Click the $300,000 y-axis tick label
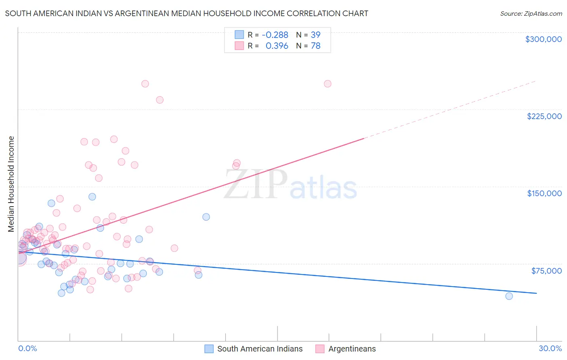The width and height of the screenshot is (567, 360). pyautogui.click(x=543, y=39)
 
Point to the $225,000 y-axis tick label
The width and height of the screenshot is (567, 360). pyautogui.click(x=544, y=116)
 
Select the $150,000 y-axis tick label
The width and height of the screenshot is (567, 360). pyautogui.click(x=544, y=193)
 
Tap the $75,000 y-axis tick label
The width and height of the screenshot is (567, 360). pyautogui.click(x=546, y=271)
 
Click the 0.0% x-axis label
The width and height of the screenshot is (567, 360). pyautogui.click(x=27, y=348)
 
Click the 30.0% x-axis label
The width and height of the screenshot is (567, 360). pyautogui.click(x=550, y=348)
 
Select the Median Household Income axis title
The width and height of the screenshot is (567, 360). pyautogui.click(x=11, y=184)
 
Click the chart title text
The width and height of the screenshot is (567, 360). pyautogui.click(x=186, y=13)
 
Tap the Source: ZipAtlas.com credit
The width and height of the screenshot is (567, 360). pyautogui.click(x=531, y=14)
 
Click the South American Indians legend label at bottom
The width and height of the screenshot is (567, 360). pyautogui.click(x=260, y=349)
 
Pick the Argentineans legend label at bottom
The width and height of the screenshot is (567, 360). pyautogui.click(x=352, y=349)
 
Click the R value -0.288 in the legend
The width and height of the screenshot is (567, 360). pyautogui.click(x=275, y=35)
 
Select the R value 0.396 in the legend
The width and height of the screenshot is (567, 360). pyautogui.click(x=277, y=46)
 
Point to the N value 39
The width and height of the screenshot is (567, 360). pyautogui.click(x=315, y=35)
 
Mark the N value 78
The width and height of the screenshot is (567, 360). pyautogui.click(x=315, y=46)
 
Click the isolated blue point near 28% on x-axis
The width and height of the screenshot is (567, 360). pyautogui.click(x=509, y=296)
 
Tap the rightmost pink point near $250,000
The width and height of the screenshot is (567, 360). pyautogui.click(x=327, y=84)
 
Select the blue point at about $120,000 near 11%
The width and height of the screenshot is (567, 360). pyautogui.click(x=206, y=217)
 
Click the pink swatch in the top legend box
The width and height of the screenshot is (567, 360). pyautogui.click(x=239, y=46)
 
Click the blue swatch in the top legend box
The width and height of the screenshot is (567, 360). pyautogui.click(x=239, y=35)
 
